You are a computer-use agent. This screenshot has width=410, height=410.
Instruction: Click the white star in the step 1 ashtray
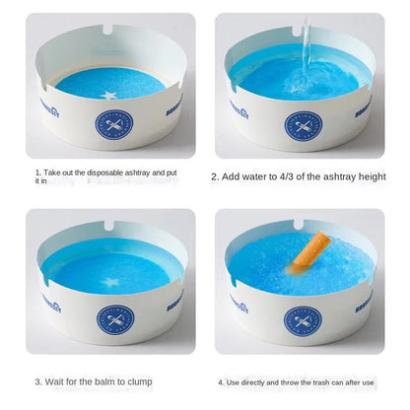(x=108, y=95)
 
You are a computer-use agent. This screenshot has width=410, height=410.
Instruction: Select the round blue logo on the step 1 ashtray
(x=112, y=124)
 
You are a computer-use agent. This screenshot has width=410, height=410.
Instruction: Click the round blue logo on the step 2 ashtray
(x=303, y=125)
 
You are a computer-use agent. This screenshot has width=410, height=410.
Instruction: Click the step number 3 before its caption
(x=37, y=380)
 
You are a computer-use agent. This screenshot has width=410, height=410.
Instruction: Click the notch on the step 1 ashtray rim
(x=105, y=37)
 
